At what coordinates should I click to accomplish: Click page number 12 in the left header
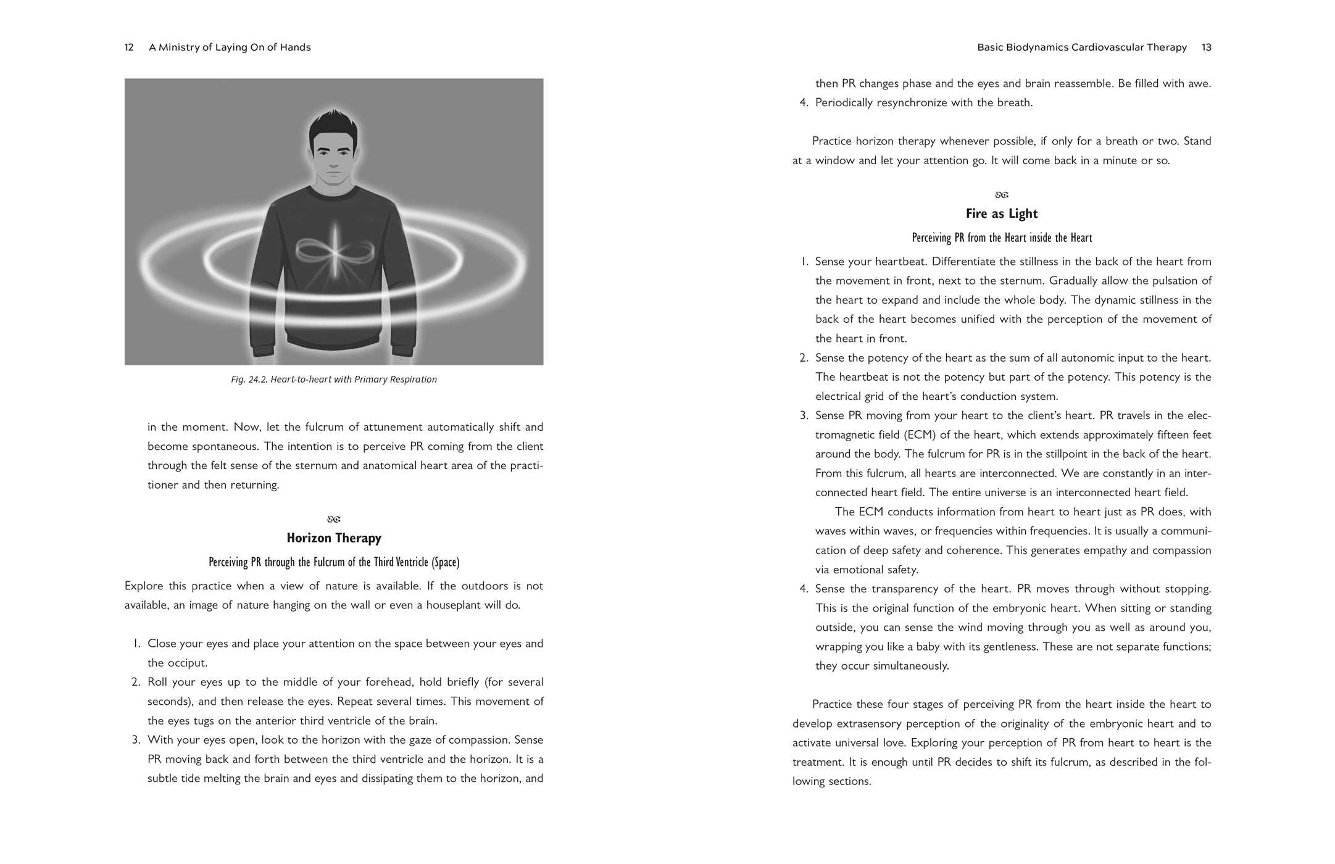click(129, 48)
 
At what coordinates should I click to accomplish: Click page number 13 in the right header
click(1206, 48)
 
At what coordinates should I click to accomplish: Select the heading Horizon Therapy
click(334, 538)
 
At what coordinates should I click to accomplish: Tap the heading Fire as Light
click(1002, 214)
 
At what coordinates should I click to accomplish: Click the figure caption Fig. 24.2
click(334, 380)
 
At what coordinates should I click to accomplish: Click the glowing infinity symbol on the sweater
click(334, 251)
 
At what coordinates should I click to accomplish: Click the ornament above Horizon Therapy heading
click(334, 520)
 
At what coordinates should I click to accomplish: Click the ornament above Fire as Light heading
click(1002, 195)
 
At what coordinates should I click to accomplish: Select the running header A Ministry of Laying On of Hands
click(230, 48)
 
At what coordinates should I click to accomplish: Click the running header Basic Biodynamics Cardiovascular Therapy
click(1082, 48)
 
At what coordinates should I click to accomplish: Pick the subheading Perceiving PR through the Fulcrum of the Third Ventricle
click(334, 562)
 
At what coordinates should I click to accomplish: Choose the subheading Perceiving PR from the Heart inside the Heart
click(1002, 238)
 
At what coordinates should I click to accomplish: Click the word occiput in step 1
click(189, 663)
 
